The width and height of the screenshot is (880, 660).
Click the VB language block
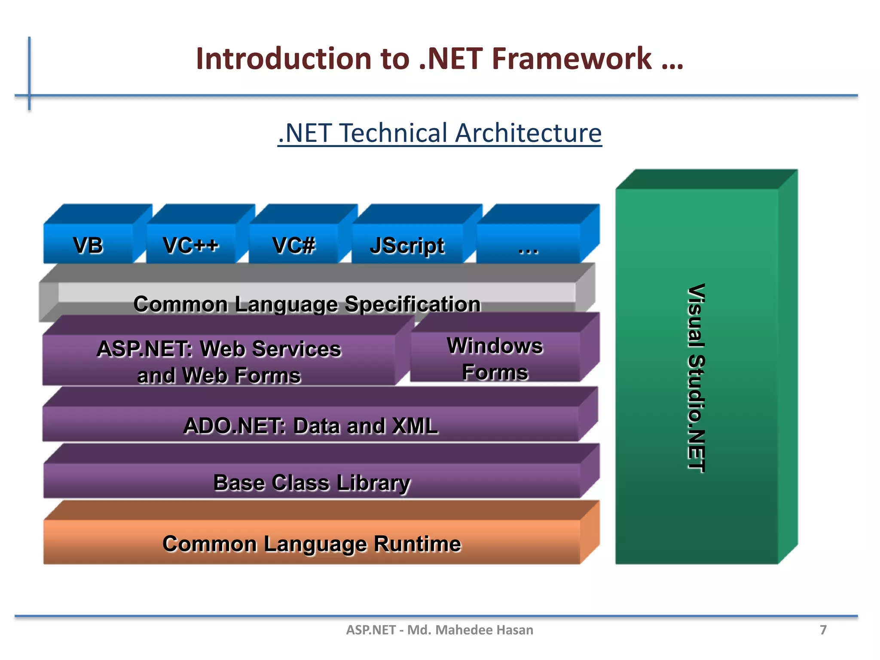click(x=88, y=245)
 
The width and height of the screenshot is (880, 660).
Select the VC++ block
click(x=190, y=245)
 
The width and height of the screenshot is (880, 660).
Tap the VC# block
click(x=293, y=245)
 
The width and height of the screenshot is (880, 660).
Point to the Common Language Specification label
click(x=307, y=304)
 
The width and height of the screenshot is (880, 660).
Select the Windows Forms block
click(x=495, y=358)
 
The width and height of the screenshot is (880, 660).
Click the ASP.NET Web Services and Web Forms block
click(x=219, y=361)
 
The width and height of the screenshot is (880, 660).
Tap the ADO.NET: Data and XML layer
click(x=310, y=425)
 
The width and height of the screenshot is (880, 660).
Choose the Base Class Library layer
click(x=312, y=482)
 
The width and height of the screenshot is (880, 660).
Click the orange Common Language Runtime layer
click(x=312, y=543)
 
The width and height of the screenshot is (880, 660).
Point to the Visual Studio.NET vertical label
click(x=696, y=378)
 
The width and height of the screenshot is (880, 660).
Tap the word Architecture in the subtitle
click(x=528, y=133)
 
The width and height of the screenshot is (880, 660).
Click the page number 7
click(x=823, y=630)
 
